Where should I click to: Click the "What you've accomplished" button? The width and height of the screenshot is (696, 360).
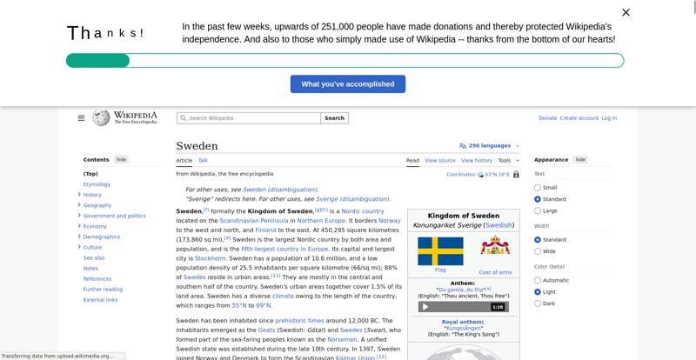347,84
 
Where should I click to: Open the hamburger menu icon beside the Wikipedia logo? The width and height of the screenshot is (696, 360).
81,118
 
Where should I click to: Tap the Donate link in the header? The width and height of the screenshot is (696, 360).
547,118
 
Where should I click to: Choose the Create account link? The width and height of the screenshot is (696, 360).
579,118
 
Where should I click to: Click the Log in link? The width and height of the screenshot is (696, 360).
609,118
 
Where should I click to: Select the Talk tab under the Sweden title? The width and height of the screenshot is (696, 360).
203,161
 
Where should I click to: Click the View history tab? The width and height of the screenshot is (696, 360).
477,161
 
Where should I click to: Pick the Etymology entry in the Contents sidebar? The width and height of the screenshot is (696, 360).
97,184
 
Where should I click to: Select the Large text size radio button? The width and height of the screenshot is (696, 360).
538,210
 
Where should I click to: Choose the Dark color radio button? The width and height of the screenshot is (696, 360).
538,303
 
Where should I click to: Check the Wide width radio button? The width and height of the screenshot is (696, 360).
538,251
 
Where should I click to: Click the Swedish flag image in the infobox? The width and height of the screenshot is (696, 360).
440,251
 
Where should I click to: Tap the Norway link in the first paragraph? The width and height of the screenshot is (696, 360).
389,222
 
